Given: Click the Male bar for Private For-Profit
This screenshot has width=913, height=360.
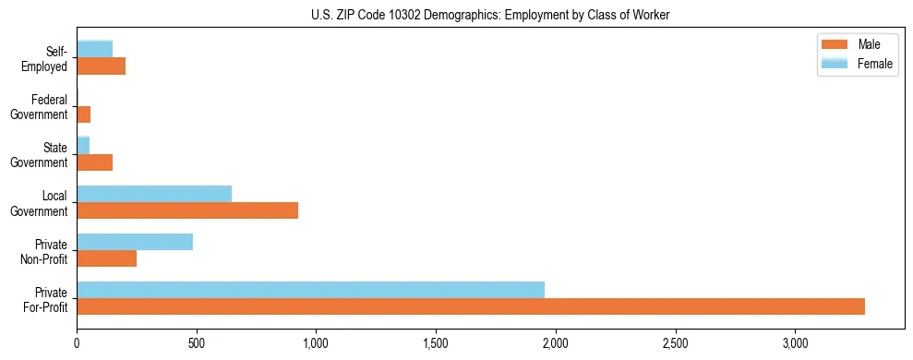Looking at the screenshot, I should pyautogui.click(x=471, y=306).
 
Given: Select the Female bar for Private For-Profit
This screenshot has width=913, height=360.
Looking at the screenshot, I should pyautogui.click(x=310, y=289).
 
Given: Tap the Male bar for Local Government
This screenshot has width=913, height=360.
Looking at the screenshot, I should pyautogui.click(x=187, y=210).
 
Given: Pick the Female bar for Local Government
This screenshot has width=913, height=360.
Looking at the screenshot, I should pyautogui.click(x=154, y=193).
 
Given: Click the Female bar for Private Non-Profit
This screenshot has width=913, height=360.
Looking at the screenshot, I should pyautogui.click(x=135, y=242).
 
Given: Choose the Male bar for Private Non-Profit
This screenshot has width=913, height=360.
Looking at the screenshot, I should pyautogui.click(x=107, y=258).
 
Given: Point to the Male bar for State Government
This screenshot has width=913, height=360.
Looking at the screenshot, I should pyautogui.click(x=95, y=162).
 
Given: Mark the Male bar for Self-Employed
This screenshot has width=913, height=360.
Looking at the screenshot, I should pyautogui.click(x=102, y=66).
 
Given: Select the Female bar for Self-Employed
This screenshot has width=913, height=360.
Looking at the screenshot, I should pyautogui.click(x=95, y=49).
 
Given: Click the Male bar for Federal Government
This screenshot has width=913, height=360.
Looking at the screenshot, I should pyautogui.click(x=84, y=114).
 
